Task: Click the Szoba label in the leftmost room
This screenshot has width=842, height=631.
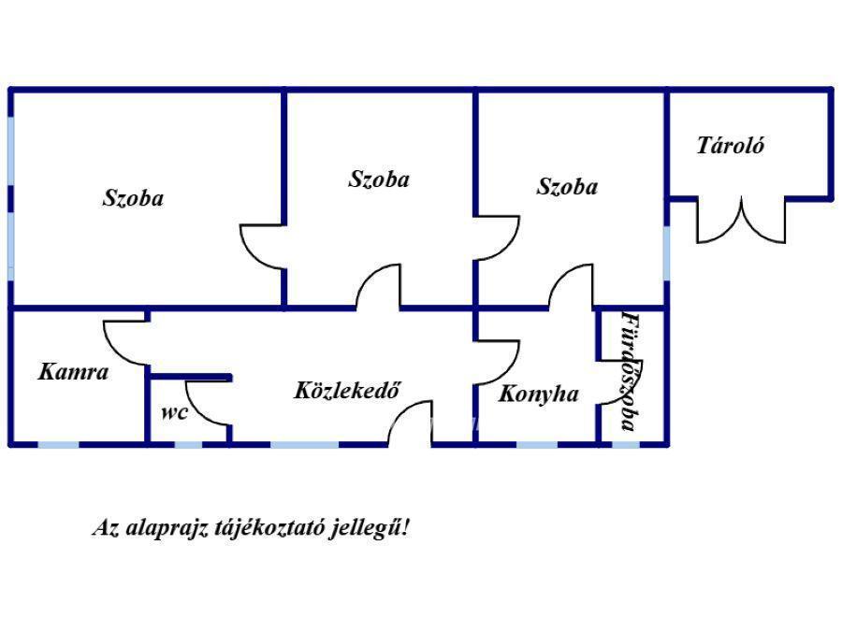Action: click(133, 198)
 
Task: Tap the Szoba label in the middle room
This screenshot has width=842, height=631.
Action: click(378, 179)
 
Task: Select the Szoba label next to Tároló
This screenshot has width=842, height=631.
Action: click(567, 187)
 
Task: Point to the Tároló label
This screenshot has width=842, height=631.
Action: click(731, 146)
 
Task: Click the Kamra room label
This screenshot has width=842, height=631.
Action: click(73, 372)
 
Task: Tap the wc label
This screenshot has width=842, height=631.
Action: click(174, 412)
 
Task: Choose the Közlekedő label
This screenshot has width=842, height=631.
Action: click(347, 391)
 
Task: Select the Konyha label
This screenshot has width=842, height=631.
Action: click(537, 394)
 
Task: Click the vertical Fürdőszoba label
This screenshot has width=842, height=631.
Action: click(631, 371)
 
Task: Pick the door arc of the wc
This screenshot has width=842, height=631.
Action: click(206, 402)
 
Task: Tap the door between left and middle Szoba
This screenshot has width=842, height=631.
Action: click(263, 246)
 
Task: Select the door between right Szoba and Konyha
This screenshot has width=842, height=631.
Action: click(571, 287)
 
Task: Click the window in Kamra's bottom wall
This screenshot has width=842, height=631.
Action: click(58, 443)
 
